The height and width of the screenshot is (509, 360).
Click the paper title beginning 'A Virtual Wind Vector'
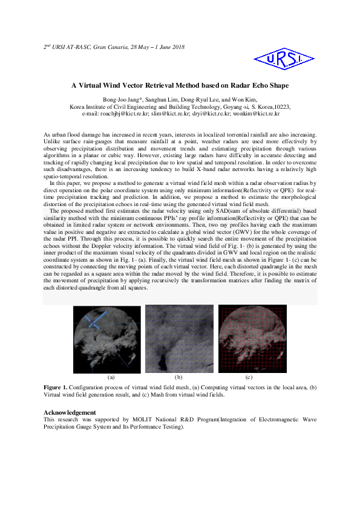coord(179,86)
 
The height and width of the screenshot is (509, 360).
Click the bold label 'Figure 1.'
coord(57,386)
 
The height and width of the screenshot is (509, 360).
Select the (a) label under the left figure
coord(111,377)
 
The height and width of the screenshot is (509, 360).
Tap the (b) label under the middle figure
coord(178,377)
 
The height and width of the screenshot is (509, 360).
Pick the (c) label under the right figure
coord(249,377)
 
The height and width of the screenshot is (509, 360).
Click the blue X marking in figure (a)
coord(93,319)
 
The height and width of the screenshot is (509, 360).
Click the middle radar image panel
coord(180,339)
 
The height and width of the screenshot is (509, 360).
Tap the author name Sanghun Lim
coord(165,99)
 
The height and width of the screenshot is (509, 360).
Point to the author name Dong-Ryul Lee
coord(203,99)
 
